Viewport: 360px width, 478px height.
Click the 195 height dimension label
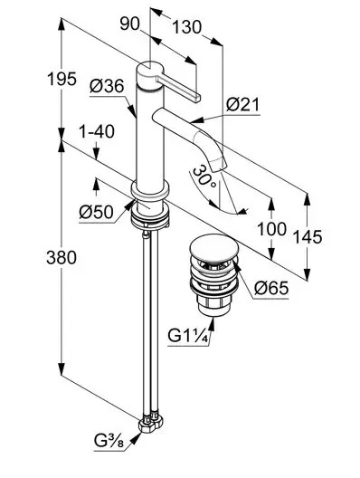(x=62, y=80)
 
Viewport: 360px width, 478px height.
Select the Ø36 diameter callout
(x=107, y=86)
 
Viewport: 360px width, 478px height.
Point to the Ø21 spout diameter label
(x=242, y=105)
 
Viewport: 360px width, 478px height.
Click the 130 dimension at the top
(x=187, y=27)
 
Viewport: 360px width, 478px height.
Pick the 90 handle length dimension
(x=129, y=24)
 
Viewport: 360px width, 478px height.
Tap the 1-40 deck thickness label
(x=97, y=132)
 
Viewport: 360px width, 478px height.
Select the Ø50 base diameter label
(x=96, y=212)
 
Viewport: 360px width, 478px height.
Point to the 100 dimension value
(x=271, y=229)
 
